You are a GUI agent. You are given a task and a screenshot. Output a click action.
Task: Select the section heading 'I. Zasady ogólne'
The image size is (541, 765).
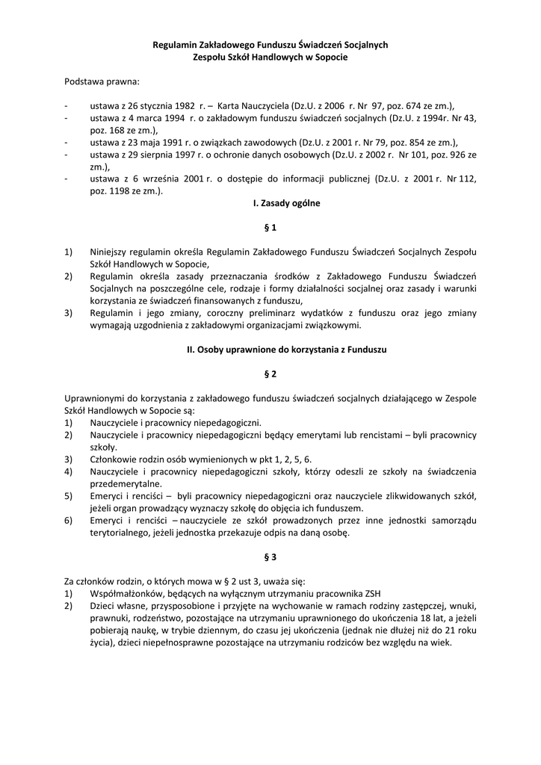[x=270, y=202]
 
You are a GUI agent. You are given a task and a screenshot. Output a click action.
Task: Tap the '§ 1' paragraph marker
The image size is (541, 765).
[x=270, y=227]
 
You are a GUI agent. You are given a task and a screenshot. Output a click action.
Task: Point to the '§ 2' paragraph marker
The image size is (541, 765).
[x=270, y=374]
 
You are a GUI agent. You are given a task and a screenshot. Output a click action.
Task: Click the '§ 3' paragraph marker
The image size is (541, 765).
[x=270, y=557]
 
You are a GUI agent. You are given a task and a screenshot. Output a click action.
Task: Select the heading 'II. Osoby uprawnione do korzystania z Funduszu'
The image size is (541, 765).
[x=270, y=349]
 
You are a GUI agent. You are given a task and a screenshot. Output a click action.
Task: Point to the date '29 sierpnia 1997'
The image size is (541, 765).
[x=158, y=154]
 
